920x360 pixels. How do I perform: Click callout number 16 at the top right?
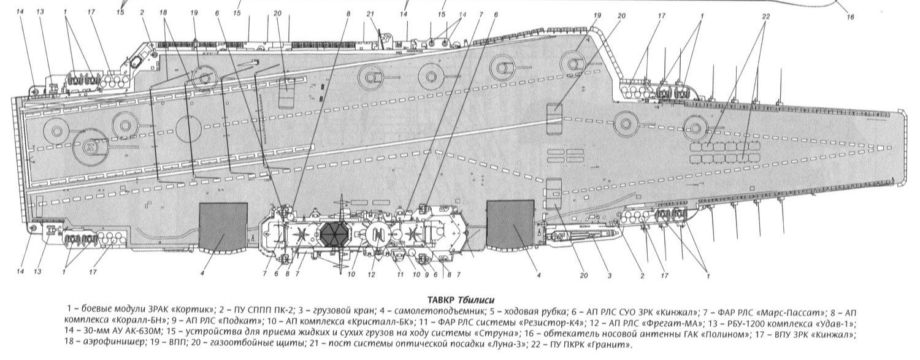(850, 17)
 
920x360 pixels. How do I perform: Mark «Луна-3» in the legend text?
(491, 344)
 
